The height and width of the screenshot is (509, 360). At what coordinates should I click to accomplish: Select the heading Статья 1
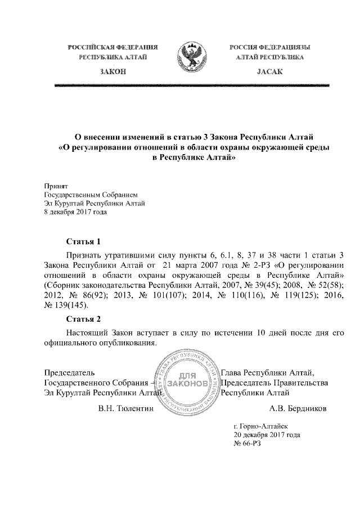pos(83,242)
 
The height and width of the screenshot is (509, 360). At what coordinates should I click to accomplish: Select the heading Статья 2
pos(83,319)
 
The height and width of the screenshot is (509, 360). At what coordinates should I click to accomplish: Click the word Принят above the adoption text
pos(56,185)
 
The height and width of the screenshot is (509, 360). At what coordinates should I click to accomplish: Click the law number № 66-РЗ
pos(247,443)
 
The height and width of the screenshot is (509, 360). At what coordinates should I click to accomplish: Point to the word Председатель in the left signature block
pos(69,372)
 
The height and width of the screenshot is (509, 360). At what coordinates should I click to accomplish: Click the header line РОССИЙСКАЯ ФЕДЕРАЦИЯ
pos(112,47)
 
